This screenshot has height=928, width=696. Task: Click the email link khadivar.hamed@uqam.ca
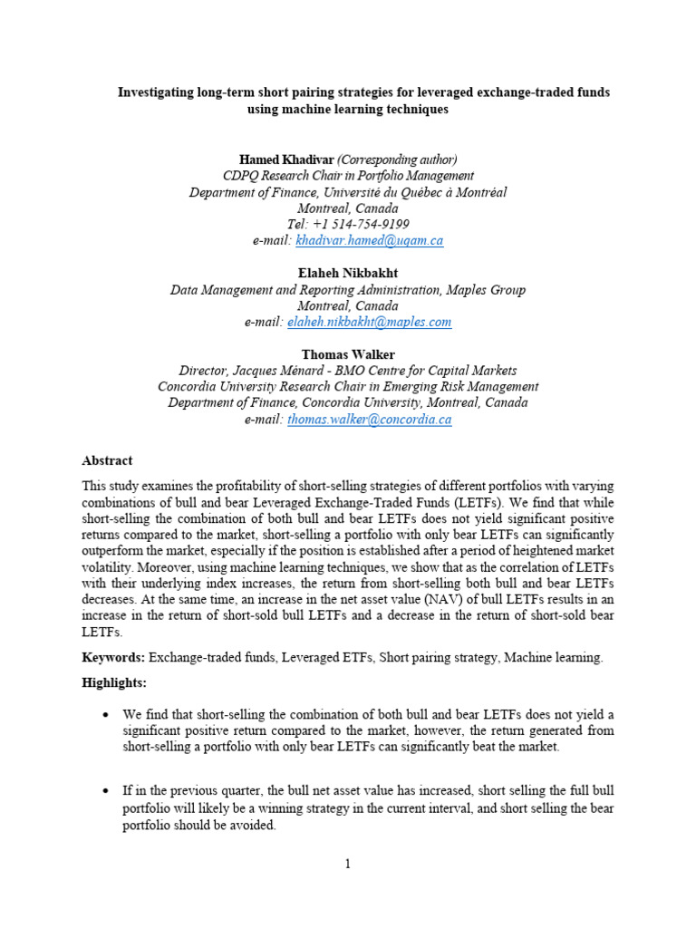tap(370, 240)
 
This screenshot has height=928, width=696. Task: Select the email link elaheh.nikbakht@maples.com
tap(367, 322)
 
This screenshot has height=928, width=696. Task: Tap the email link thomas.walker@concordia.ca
tap(369, 420)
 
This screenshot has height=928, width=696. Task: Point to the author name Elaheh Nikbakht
tap(347, 273)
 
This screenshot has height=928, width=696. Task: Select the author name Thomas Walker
tap(347, 354)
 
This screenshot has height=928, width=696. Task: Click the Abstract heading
tap(107, 460)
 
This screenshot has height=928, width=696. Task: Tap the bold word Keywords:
tap(114, 657)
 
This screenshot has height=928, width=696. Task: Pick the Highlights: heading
tap(113, 681)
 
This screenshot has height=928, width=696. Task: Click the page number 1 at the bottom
tap(348, 864)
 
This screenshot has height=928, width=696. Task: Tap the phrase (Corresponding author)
tap(397, 159)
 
